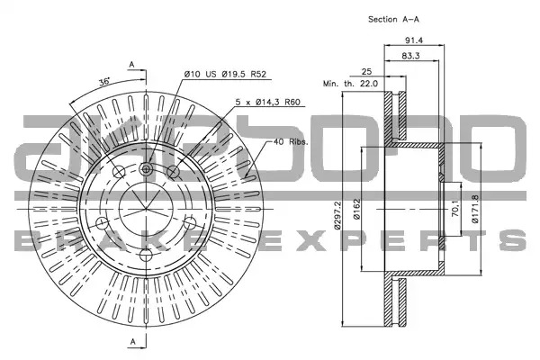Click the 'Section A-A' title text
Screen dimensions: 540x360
point(393,19)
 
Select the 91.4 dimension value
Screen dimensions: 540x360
point(414,40)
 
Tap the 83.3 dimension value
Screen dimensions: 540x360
point(410,56)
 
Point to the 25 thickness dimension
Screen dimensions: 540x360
point(367,71)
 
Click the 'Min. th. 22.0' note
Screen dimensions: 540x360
point(351,84)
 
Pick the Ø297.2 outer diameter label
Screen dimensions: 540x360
point(337,215)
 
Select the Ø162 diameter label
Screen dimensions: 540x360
point(356,209)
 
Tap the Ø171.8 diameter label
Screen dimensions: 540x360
point(475,209)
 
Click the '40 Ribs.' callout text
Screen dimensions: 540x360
point(291,141)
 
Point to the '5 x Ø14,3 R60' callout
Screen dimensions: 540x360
point(268,102)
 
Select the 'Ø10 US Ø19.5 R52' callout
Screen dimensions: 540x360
point(226,74)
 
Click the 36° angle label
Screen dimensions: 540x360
point(104,82)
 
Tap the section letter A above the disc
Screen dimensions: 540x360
point(132,65)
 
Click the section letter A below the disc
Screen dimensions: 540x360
point(133,342)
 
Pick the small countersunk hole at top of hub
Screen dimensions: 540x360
point(147,169)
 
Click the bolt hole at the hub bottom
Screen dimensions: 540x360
point(146,256)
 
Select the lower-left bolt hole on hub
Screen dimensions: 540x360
point(102,223)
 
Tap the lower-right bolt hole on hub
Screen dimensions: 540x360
point(190,223)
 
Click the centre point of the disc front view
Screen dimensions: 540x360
point(146,209)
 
